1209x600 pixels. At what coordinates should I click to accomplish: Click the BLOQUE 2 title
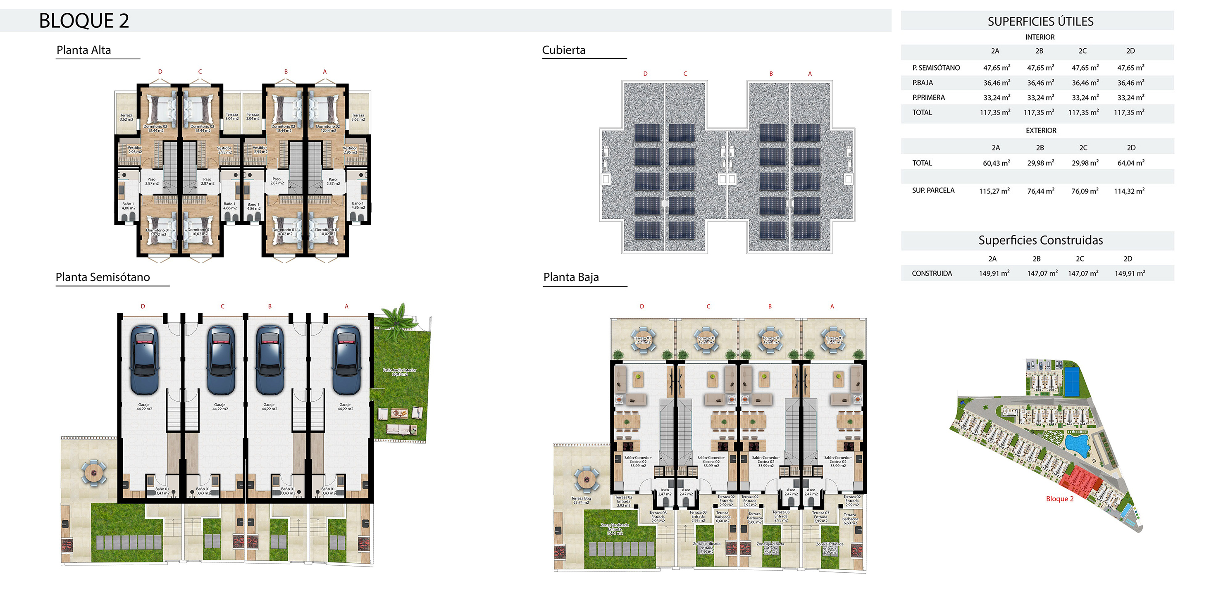point(83,21)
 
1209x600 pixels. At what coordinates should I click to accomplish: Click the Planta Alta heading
point(83,50)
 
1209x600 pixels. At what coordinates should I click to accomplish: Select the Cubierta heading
point(564,50)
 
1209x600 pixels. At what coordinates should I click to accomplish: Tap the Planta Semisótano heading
point(103,277)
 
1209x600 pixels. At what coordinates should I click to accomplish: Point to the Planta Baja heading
point(571,277)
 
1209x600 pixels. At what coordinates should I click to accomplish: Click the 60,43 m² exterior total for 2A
point(996,163)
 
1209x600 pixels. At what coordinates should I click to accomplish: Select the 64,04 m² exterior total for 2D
point(1130,163)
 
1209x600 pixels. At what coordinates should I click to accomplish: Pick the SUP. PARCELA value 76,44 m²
point(1040,191)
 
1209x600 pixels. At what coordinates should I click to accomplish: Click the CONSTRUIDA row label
point(932,274)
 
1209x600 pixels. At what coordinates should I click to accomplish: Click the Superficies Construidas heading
point(1040,240)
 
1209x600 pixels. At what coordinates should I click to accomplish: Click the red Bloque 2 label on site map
point(1059,499)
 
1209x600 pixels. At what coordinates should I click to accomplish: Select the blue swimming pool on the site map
point(1077,444)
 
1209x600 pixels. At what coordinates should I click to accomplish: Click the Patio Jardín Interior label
point(399,372)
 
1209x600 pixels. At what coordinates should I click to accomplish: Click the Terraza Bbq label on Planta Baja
point(581,500)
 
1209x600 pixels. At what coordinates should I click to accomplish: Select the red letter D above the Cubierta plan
point(645,74)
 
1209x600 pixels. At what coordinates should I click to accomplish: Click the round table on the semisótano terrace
point(94,473)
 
